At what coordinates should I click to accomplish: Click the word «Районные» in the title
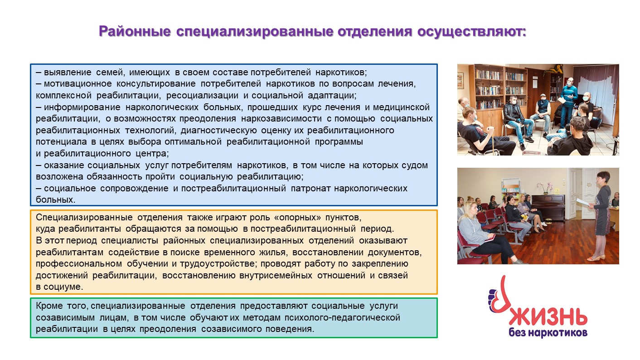pyautogui.click(x=135, y=31)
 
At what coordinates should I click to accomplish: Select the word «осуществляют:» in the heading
pyautogui.click(x=471, y=31)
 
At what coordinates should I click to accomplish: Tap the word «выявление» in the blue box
pyautogui.click(x=68, y=72)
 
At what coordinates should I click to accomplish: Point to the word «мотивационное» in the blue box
pyautogui.click(x=78, y=84)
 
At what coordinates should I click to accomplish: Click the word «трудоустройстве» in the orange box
pyautogui.click(x=218, y=264)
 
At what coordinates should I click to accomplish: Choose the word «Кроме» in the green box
pyautogui.click(x=49, y=306)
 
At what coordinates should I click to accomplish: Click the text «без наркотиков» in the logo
pyautogui.click(x=548, y=333)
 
